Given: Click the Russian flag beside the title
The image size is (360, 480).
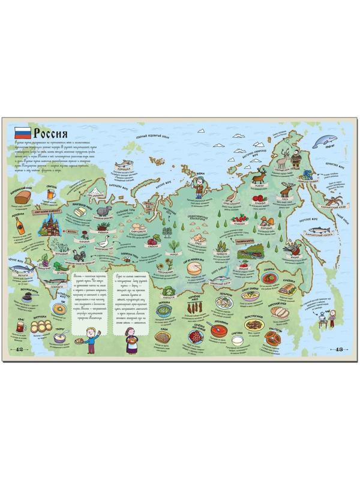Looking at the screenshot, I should click(23, 133).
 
